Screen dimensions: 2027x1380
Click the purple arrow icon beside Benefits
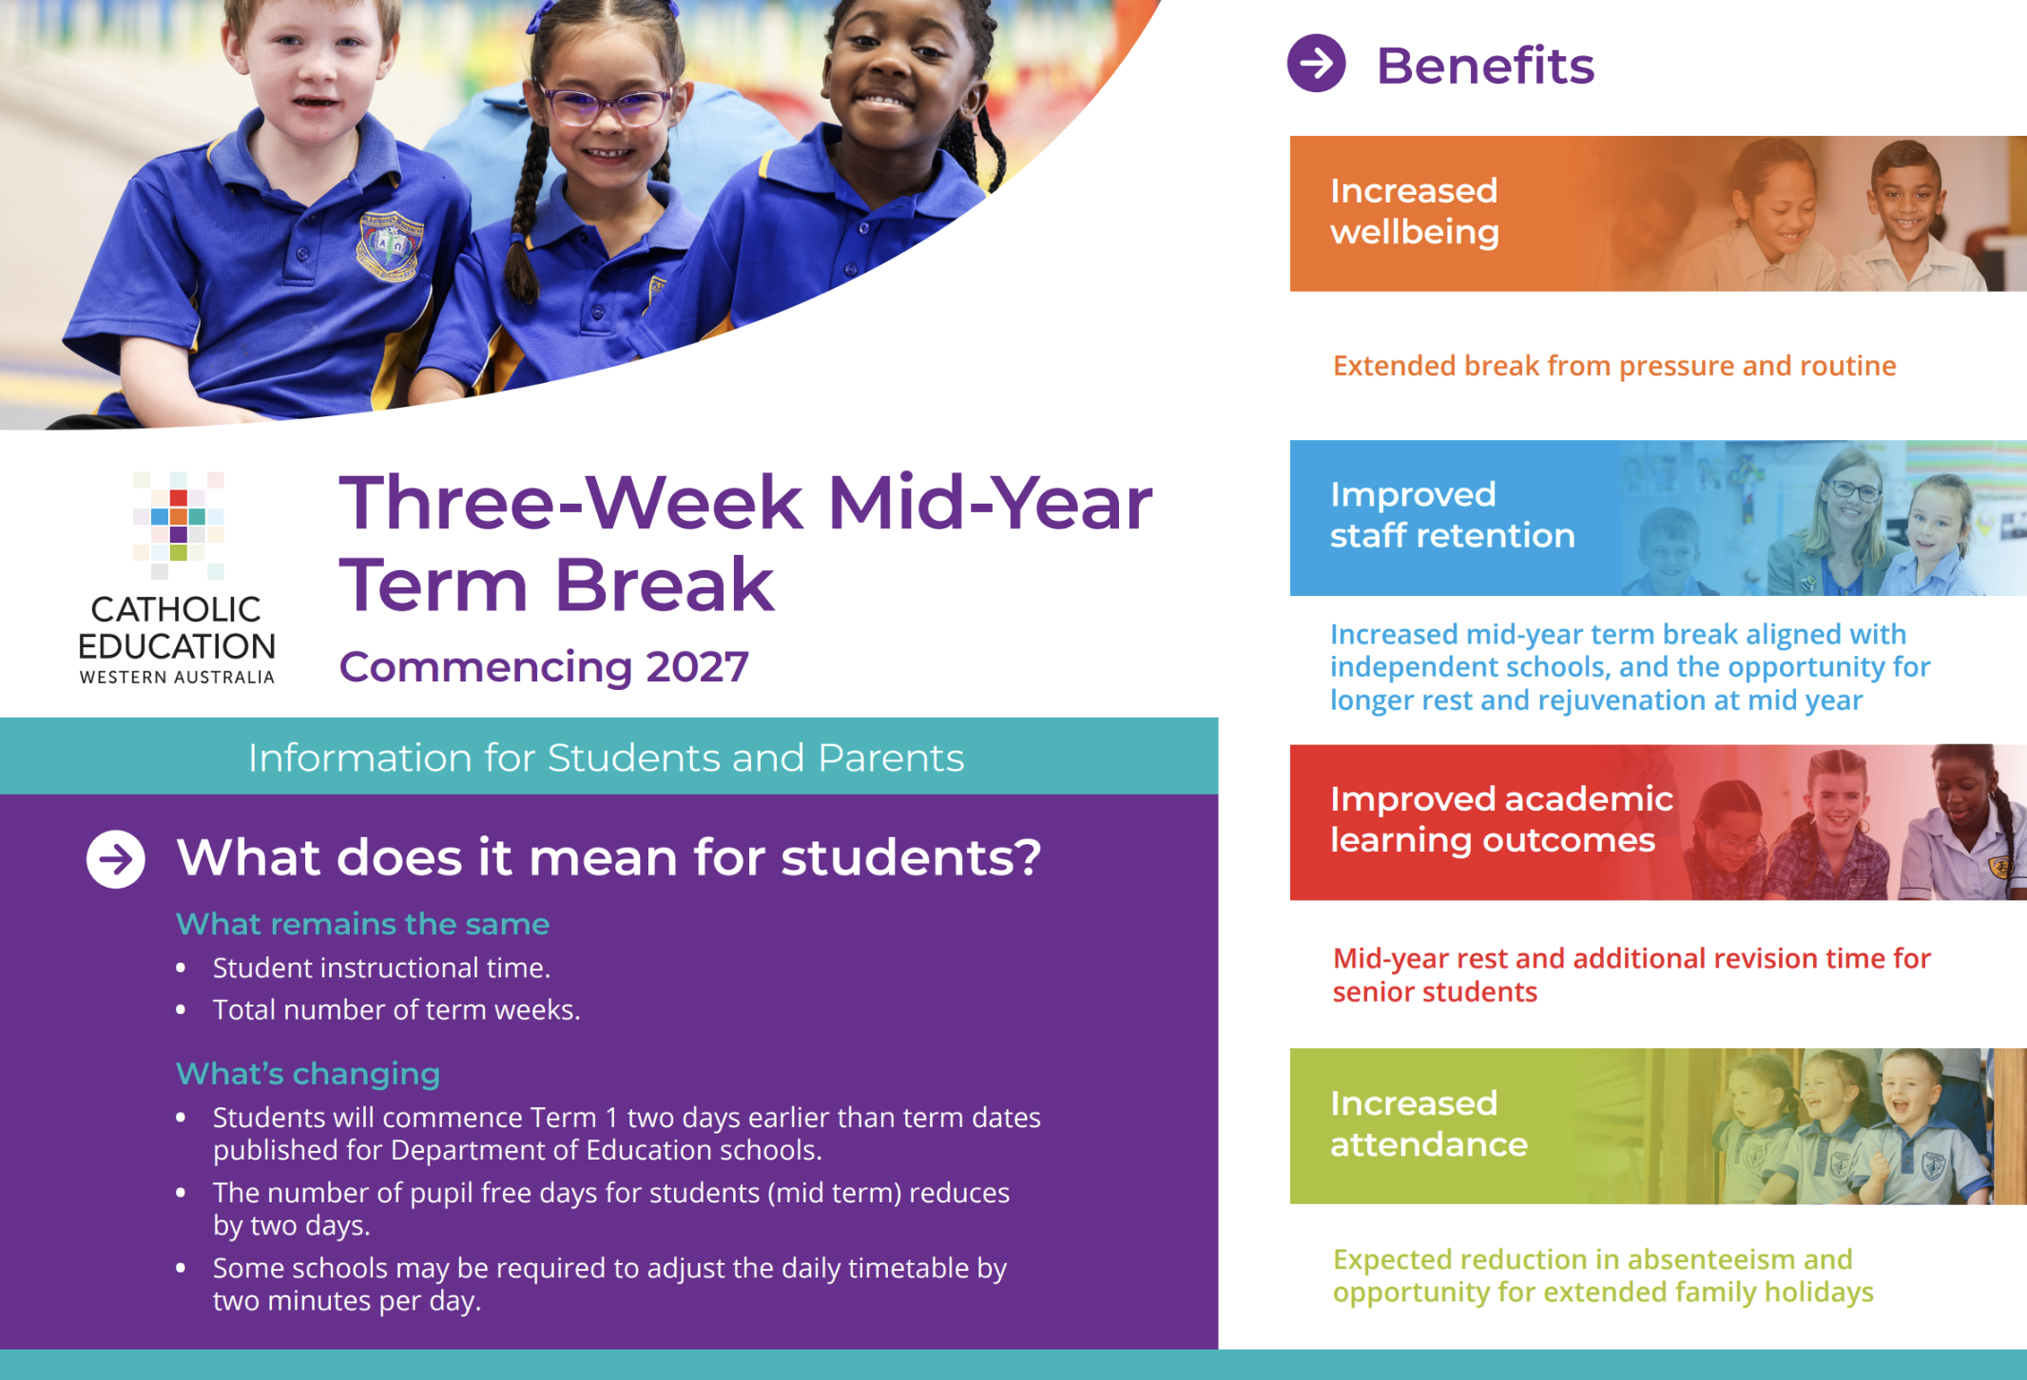pyautogui.click(x=1316, y=64)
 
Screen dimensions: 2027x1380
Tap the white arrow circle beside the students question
pyautogui.click(x=116, y=859)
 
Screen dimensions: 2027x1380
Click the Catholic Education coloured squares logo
pyautogui.click(x=178, y=525)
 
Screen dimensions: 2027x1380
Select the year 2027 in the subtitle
pyautogui.click(x=698, y=667)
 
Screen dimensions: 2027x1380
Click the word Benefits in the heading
pyautogui.click(x=1485, y=66)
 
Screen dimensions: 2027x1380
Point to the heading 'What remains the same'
pyautogui.click(x=362, y=924)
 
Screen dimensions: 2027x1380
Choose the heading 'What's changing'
pyautogui.click(x=308, y=1074)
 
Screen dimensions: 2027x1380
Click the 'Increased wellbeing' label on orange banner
pyautogui.click(x=1414, y=211)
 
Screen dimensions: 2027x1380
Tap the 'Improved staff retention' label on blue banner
pyautogui.click(x=1452, y=515)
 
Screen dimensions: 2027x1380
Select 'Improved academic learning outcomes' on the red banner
pyautogui.click(x=1501, y=819)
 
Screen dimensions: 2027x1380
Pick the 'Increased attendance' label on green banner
pyautogui.click(x=1428, y=1123)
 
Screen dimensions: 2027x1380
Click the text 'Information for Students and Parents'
pyautogui.click(x=607, y=757)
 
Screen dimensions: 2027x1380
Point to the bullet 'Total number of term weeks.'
pyautogui.click(x=396, y=1009)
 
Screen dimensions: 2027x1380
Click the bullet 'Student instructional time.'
pyautogui.click(x=381, y=968)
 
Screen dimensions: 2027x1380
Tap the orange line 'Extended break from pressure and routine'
pyautogui.click(x=1614, y=366)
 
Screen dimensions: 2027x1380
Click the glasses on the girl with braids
pyautogui.click(x=606, y=105)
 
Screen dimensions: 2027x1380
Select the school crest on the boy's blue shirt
pyautogui.click(x=389, y=246)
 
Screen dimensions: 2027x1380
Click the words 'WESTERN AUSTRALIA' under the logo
pyautogui.click(x=177, y=678)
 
